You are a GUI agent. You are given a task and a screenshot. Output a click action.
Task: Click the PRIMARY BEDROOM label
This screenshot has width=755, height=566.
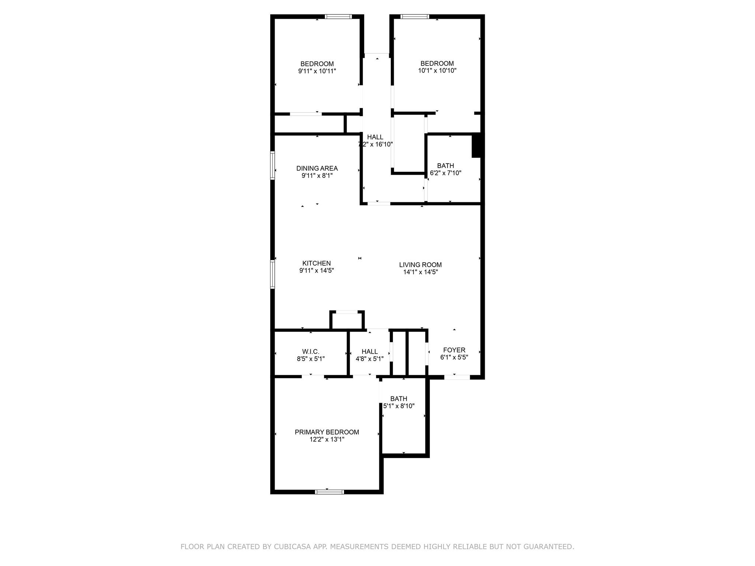point(327,432)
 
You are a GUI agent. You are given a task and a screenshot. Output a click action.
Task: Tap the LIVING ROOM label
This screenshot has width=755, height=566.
point(420,265)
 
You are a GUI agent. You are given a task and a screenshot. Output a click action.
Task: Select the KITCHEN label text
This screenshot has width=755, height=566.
point(316,263)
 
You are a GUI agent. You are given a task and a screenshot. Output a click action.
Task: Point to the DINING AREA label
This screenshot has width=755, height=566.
point(317,168)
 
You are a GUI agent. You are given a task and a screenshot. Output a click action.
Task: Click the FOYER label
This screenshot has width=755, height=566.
point(454,350)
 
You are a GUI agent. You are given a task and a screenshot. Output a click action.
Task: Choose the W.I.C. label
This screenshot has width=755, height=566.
point(310,352)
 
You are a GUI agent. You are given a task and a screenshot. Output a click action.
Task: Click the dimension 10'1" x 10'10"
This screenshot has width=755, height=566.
point(437,71)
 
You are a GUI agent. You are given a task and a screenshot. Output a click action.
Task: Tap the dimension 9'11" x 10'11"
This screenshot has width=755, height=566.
point(317,71)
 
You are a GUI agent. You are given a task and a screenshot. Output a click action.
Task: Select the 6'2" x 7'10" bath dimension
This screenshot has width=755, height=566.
point(445,173)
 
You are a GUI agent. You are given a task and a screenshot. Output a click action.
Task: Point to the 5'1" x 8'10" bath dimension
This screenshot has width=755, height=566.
point(399,406)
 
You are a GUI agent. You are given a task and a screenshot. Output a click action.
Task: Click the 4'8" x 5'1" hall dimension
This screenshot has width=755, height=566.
point(369,359)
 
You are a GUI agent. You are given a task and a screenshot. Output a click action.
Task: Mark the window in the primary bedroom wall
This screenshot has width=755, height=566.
point(329,492)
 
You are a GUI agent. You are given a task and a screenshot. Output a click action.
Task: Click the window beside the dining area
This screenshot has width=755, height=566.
point(273,165)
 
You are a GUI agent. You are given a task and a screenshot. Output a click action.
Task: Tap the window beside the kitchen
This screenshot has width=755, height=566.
point(273,274)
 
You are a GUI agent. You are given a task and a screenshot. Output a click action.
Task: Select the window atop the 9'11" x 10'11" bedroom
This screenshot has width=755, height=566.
point(338,17)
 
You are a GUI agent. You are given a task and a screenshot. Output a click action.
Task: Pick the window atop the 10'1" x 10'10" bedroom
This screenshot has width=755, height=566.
point(415,17)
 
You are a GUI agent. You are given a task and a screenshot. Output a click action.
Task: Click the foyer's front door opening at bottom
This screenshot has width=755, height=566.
point(457,377)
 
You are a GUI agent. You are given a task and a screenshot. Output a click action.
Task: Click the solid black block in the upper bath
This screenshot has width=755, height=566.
point(476,145)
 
